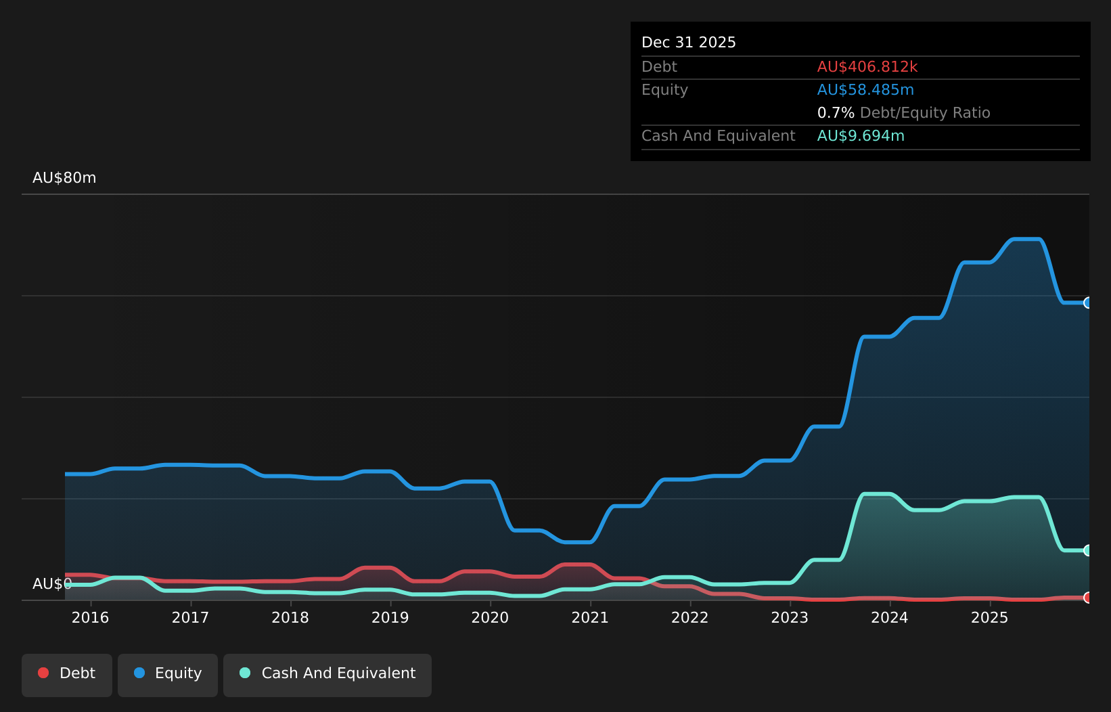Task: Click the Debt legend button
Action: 67,675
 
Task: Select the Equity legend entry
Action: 168,675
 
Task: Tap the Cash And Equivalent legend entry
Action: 327,675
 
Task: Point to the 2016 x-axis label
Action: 90,618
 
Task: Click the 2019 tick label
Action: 390,618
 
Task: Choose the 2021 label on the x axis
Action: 590,618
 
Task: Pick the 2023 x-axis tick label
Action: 790,618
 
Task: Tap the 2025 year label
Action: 990,618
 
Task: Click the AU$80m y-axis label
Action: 64,177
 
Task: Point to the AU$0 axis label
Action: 52,584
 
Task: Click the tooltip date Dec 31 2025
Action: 689,43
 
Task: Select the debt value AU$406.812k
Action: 867,67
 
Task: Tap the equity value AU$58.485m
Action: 865,90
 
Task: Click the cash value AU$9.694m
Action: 861,136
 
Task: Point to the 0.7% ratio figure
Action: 836,113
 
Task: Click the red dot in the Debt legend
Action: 44,673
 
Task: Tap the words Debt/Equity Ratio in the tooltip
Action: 925,113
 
